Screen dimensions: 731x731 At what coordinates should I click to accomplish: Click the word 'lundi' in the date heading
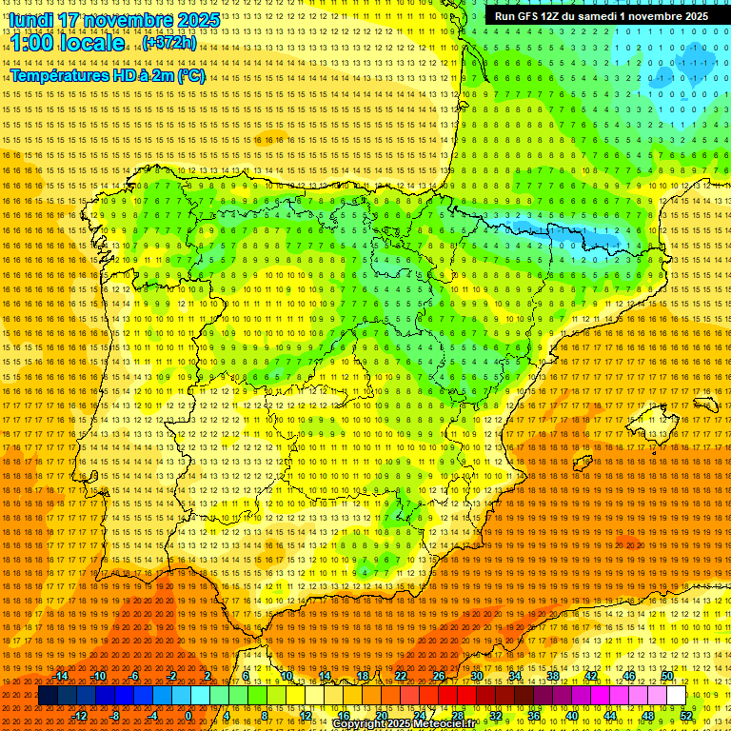[x=31, y=20]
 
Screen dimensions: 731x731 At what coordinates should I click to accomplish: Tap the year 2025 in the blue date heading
[x=195, y=20]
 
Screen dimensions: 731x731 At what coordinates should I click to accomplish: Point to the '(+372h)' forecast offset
[x=169, y=43]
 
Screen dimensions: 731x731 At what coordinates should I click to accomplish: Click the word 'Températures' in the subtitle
[x=63, y=75]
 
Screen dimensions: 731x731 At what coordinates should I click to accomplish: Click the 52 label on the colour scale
[x=686, y=716]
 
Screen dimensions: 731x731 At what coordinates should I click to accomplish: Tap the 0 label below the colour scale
[x=188, y=716]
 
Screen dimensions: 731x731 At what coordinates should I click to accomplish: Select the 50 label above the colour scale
[x=667, y=676]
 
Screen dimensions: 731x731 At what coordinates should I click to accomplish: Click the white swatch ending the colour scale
[x=676, y=696]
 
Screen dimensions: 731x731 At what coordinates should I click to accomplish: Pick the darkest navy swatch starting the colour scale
[x=48, y=696]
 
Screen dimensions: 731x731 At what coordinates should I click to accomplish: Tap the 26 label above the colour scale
[x=438, y=676]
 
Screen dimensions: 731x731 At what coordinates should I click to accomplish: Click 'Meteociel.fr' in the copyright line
[x=444, y=724]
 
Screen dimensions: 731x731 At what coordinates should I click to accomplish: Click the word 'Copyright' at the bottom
[x=359, y=724]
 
